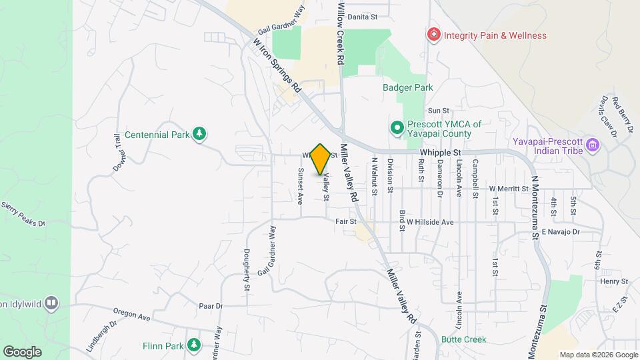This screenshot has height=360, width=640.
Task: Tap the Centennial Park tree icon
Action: point(199,134)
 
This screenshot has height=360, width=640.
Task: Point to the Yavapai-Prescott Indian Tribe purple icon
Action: point(591,144)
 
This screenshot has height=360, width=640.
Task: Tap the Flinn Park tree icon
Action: point(193,345)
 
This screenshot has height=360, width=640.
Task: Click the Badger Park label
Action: point(407,87)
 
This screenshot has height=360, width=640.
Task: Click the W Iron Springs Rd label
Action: point(277,64)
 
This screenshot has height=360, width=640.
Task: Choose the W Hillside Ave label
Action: point(431,222)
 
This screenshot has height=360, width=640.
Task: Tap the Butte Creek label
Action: point(463,339)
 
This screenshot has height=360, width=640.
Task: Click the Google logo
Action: point(21,352)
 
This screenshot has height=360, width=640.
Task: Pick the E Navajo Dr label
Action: point(561,232)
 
